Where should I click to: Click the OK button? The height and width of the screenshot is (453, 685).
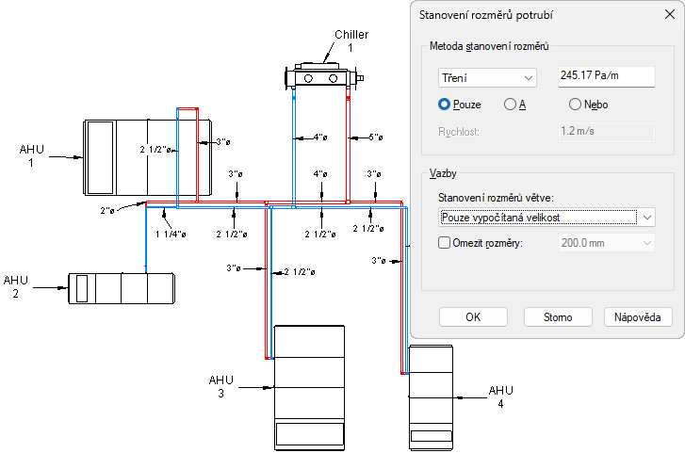[473, 317]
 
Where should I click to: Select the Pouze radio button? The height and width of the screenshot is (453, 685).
[445, 105]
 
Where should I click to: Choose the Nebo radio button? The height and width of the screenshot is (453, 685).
[575, 105]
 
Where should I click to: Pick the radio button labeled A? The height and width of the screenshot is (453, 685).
[510, 105]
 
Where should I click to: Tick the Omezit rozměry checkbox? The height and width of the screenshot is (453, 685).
[446, 242]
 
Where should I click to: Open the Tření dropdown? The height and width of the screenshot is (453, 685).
[486, 77]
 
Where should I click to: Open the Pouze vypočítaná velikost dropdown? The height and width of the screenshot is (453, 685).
[546, 218]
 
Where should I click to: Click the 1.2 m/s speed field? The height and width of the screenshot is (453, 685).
[605, 131]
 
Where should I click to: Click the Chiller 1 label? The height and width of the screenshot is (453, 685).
[351, 40]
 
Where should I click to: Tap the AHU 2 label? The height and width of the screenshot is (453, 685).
[16, 286]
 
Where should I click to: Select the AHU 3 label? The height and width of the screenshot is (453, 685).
[220, 386]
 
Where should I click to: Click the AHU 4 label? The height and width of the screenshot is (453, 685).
[500, 396]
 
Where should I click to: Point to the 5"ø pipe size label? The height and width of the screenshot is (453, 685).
[375, 138]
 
